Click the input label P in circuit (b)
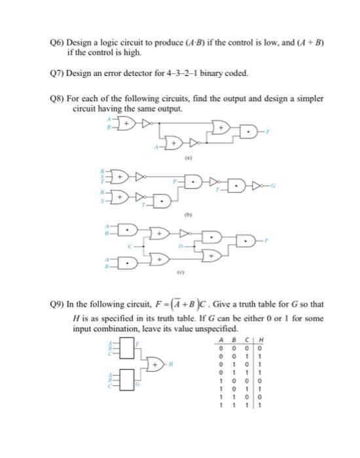[175, 179]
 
